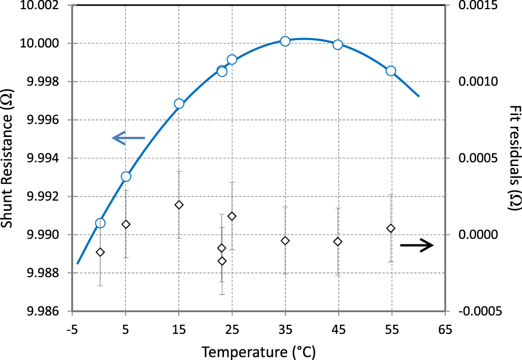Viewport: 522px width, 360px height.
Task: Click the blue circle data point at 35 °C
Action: [285, 41]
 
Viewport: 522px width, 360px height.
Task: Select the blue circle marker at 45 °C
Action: [338, 45]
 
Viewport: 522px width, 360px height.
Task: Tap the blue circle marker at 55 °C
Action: [391, 71]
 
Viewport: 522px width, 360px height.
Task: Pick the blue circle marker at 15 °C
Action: [179, 104]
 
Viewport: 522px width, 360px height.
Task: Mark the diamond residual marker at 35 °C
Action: [285, 240]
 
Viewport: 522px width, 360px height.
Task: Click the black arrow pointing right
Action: [417, 245]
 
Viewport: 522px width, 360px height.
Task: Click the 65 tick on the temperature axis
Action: [444, 329]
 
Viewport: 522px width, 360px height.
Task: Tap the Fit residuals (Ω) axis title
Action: [515, 158]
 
